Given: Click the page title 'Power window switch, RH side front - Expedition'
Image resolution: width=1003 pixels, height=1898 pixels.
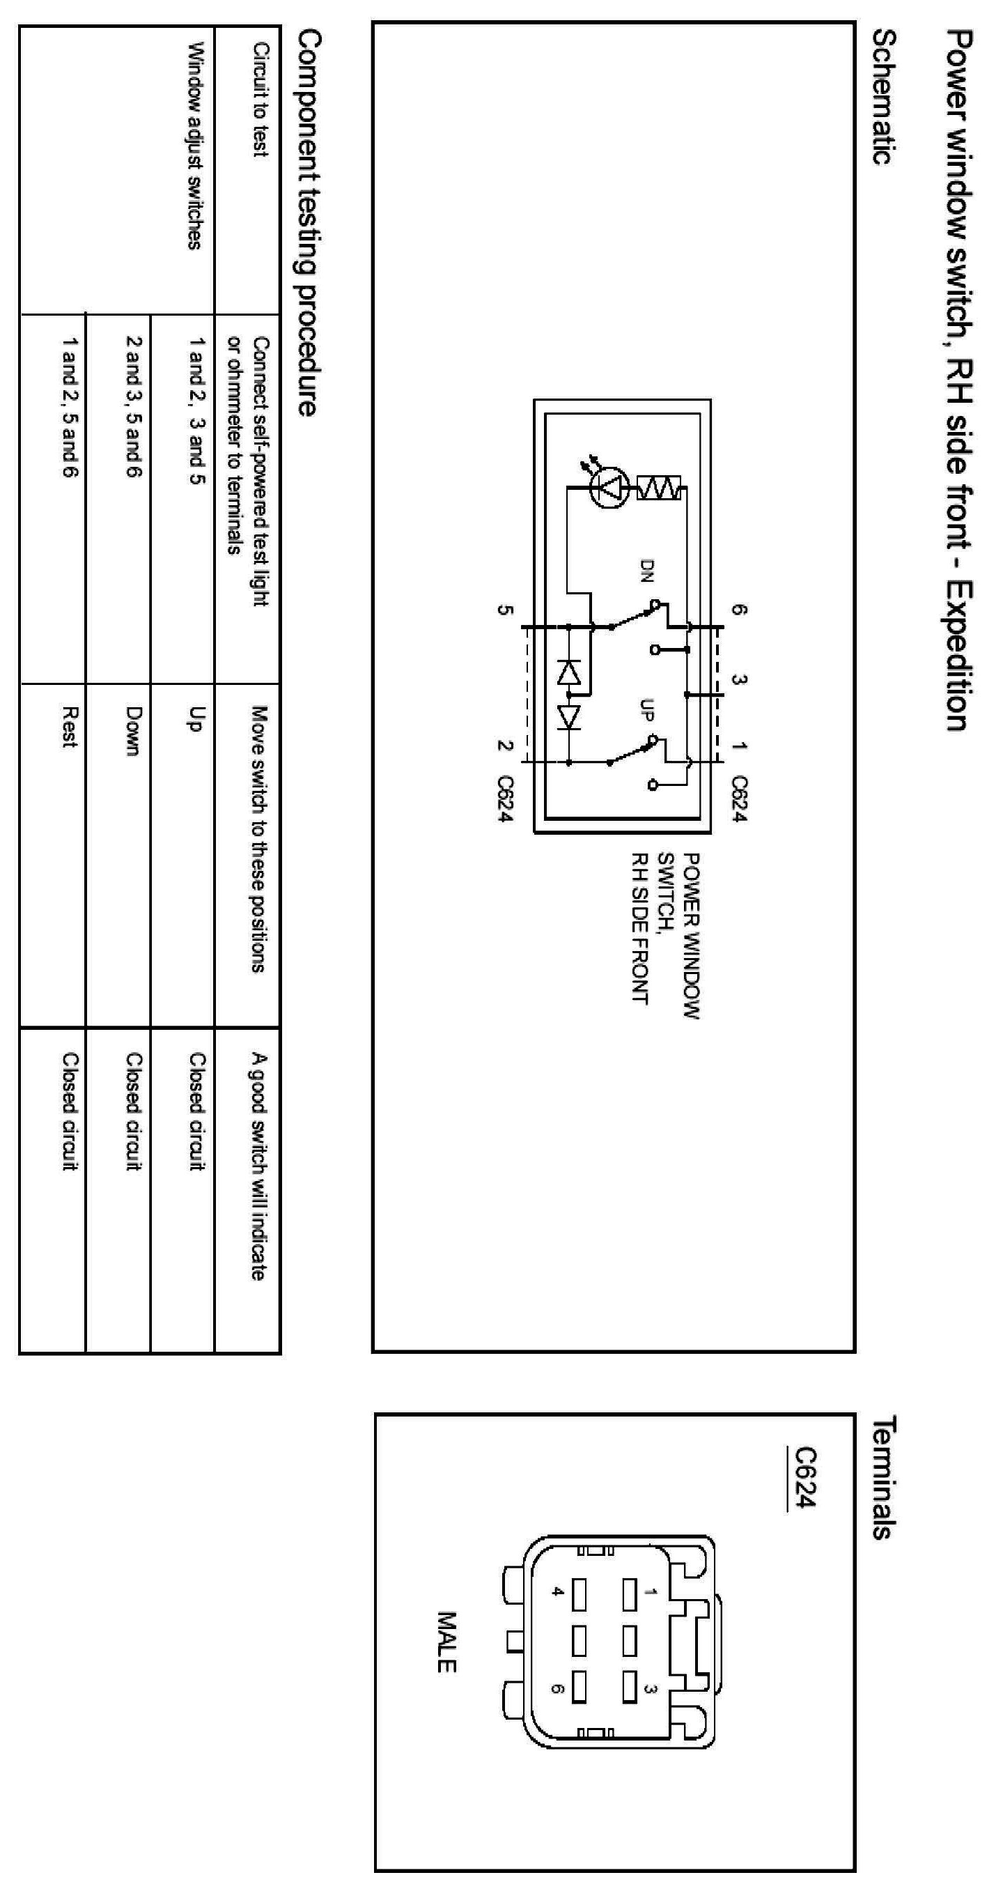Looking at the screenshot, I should pyautogui.click(x=959, y=380).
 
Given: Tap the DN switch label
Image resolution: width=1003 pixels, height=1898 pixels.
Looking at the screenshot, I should pyautogui.click(x=646, y=571).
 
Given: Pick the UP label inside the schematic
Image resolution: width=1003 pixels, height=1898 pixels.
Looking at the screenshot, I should pyautogui.click(x=646, y=709).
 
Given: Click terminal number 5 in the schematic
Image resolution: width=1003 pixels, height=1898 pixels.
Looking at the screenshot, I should pyautogui.click(x=504, y=610).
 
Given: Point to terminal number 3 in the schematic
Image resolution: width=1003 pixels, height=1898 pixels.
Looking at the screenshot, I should pyautogui.click(x=739, y=679).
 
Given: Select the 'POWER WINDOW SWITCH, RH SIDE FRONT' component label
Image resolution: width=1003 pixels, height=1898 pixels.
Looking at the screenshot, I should pyautogui.click(x=666, y=936).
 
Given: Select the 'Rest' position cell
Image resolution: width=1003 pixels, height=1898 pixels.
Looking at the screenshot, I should pyautogui.click(x=69, y=727).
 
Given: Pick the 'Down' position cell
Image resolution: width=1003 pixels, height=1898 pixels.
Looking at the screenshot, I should pyautogui.click(x=133, y=731).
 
